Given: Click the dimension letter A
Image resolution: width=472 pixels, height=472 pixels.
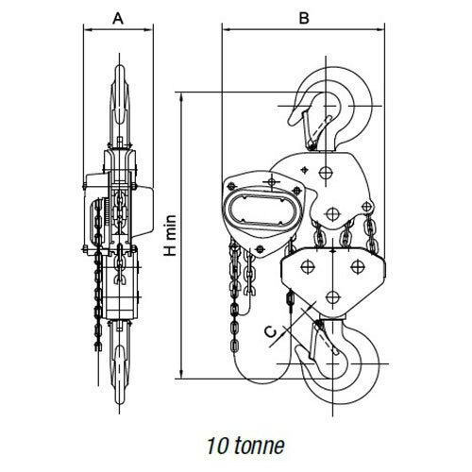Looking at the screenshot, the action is tap(118, 19).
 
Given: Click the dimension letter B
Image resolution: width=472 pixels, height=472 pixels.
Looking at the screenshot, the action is tap(304, 18).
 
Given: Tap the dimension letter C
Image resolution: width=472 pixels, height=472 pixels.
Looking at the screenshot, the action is tap(271, 332).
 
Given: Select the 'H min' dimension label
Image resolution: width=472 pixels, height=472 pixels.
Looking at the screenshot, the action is tap(170, 235).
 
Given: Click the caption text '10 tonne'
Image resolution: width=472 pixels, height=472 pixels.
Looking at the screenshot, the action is tap(245, 446).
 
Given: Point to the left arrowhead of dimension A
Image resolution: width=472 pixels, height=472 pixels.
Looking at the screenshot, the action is tap(88, 30).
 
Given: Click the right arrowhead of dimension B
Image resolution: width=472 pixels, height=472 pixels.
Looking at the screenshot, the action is tap(380, 30).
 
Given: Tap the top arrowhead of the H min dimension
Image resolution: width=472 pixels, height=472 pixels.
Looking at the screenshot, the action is tap(181, 96).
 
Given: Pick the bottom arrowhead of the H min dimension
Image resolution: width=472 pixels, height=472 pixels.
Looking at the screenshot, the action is tap(181, 375).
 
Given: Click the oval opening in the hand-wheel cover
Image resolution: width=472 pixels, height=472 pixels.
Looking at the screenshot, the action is tap(261, 210).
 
